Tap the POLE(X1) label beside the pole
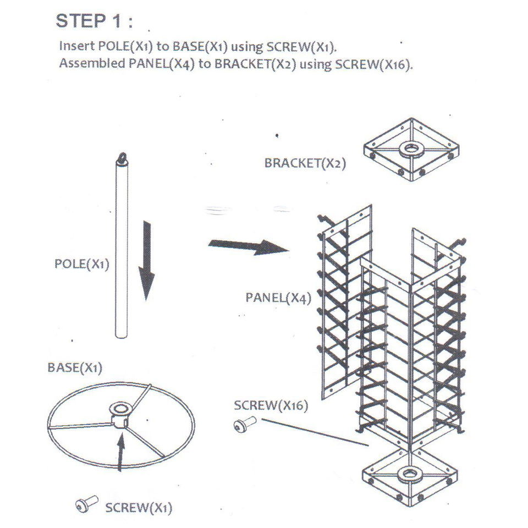point(82,263)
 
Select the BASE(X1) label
point(75,367)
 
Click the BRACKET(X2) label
point(305,163)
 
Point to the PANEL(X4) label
point(278,298)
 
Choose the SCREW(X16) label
point(271,406)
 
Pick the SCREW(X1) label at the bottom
point(139,507)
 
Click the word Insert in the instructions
point(73,46)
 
